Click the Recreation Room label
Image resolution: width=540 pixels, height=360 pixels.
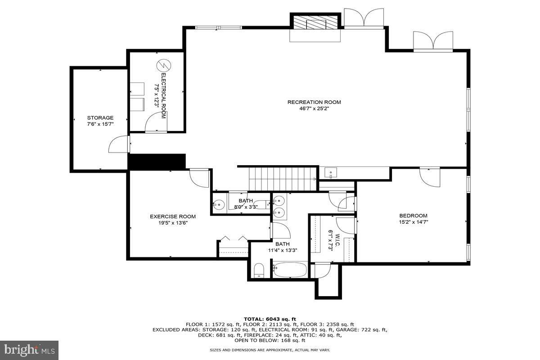314,102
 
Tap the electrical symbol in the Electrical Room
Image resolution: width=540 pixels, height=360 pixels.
164,65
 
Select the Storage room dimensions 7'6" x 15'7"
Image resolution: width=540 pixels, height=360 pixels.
100,124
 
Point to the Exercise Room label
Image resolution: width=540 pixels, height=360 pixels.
173,216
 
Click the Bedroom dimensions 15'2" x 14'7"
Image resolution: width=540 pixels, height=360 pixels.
413,222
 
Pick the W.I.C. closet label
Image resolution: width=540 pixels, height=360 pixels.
337,240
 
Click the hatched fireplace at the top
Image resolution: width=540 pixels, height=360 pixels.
315,22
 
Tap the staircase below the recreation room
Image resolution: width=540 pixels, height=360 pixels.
283,179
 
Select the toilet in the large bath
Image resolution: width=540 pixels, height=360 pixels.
259,270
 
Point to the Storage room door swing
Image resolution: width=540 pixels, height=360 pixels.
118,144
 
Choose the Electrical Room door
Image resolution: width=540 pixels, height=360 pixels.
156,122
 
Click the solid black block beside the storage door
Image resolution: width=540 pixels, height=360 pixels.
157,162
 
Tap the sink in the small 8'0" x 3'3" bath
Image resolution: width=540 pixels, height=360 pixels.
219,205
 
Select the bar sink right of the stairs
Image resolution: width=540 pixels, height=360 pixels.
330,173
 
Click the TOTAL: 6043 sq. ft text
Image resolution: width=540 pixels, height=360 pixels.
270,319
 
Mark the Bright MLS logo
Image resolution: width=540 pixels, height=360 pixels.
29,351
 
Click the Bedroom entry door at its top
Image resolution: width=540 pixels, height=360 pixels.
430,177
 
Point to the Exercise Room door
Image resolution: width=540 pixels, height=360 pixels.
199,178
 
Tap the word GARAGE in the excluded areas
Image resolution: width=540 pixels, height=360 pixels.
346,329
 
